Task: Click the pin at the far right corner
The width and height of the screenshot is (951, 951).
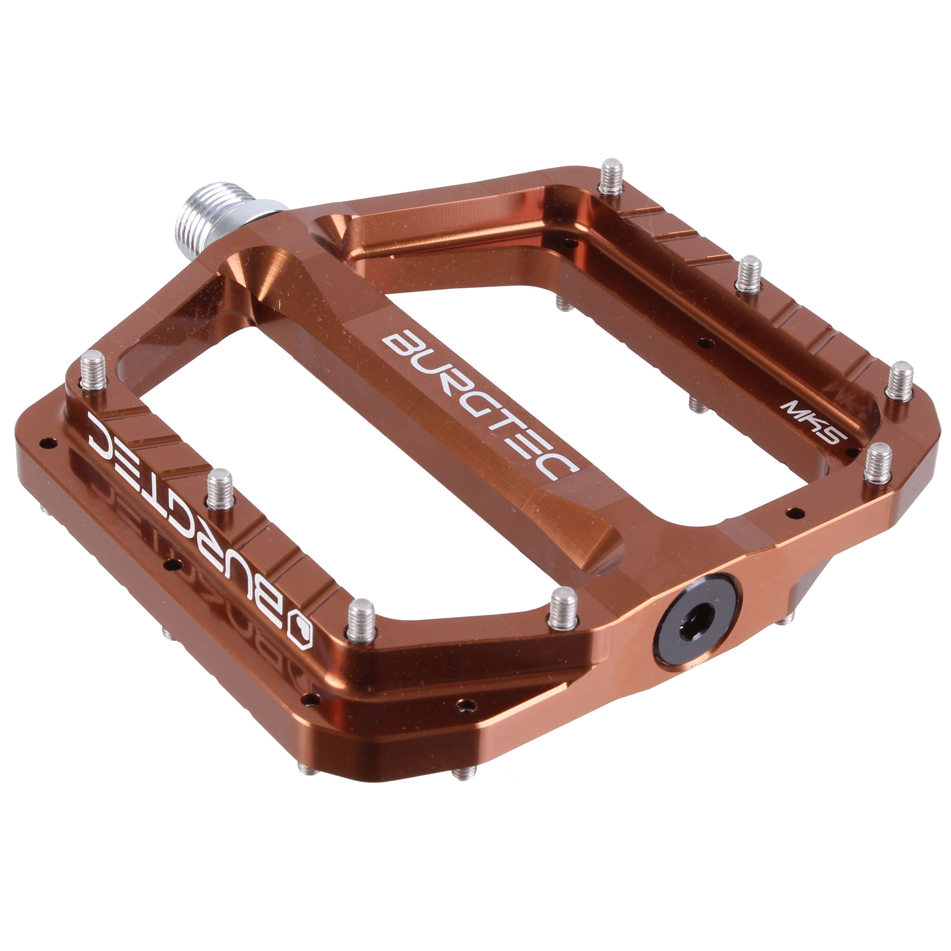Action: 899,380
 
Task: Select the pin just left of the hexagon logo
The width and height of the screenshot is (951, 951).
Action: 362,620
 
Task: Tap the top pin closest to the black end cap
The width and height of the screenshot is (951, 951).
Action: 563,608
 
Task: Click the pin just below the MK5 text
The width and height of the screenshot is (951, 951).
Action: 878,462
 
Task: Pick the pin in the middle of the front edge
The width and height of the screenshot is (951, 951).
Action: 220,489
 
